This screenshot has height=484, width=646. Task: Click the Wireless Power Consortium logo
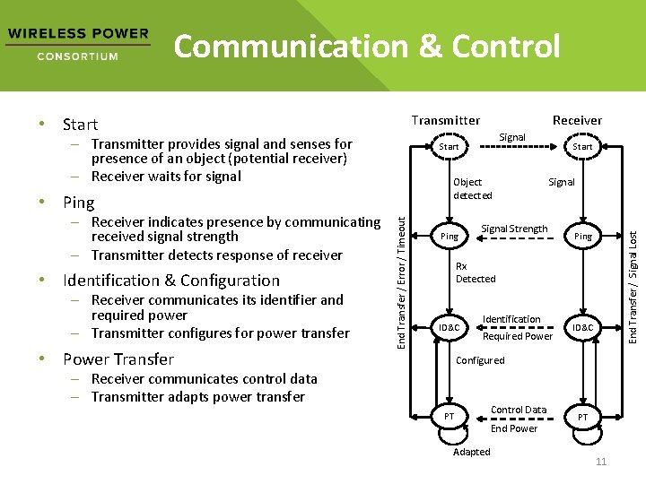tap(77, 44)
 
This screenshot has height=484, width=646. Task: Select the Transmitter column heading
tap(445, 120)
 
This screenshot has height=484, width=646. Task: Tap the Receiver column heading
tap(577, 120)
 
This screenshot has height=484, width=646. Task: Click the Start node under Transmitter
tap(449, 146)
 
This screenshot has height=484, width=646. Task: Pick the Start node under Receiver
tap(582, 146)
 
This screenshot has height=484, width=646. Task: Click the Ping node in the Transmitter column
tap(449, 237)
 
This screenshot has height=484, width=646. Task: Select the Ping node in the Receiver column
tap(582, 237)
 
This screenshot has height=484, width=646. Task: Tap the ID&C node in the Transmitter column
tap(449, 328)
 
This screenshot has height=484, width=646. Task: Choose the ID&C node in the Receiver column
tap(582, 328)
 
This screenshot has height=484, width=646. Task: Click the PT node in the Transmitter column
tap(449, 418)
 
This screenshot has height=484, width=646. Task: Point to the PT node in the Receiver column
tap(582, 418)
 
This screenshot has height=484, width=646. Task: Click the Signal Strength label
tap(514, 229)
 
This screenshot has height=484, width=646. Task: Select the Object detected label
tap(472, 188)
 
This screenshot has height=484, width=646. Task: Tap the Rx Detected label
tap(475, 272)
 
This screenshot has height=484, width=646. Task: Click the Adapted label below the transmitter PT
tap(471, 452)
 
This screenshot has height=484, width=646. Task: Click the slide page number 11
tap(601, 462)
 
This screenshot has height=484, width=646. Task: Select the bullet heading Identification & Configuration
tap(170, 281)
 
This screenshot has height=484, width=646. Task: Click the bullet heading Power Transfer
tap(118, 359)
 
